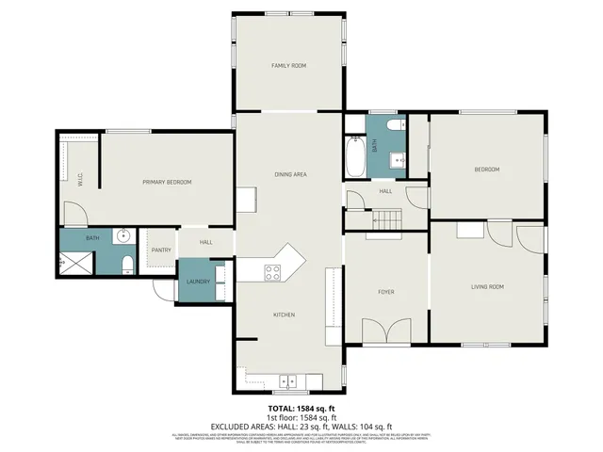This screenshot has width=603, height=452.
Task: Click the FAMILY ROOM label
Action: pyautogui.click(x=288, y=65)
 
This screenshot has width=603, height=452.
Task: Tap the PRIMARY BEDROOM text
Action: pyautogui.click(x=167, y=182)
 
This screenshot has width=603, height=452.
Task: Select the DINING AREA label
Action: pyautogui.click(x=290, y=174)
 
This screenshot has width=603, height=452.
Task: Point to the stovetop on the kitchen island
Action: pyautogui.click(x=272, y=272)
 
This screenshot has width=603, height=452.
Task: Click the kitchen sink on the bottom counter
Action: pyautogui.click(x=288, y=381)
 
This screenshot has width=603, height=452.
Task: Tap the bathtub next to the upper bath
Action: pyautogui.click(x=355, y=157)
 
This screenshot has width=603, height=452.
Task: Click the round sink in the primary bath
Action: pyautogui.click(x=122, y=236)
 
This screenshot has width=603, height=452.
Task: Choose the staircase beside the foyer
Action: pyautogui.click(x=387, y=219)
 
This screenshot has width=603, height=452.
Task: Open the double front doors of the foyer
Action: pyautogui.click(x=386, y=331)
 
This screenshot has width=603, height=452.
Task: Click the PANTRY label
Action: pyautogui.click(x=160, y=250)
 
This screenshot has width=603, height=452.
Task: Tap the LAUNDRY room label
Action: pyautogui.click(x=197, y=282)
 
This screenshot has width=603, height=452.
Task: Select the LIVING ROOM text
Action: pyautogui.click(x=487, y=286)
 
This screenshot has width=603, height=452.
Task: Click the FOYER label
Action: pyautogui.click(x=386, y=292)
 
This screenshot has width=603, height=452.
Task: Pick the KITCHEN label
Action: pyautogui.click(x=285, y=314)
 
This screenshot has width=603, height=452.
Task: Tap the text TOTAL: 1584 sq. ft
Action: pyautogui.click(x=301, y=408)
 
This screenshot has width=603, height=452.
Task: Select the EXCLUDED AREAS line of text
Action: pyautogui.click(x=301, y=426)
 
